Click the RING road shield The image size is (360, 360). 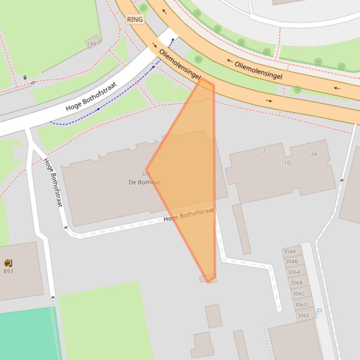135,19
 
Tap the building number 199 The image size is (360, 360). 91,44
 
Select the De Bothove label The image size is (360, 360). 144,182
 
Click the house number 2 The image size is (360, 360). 264,151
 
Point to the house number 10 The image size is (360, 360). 287,163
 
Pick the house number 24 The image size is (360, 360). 314,154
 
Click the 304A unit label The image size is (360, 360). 289,252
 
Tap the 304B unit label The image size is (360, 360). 291,262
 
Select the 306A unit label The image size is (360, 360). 294,272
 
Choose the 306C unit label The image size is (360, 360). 298,294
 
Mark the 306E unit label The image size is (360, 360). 303,316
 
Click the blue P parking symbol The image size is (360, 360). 319,311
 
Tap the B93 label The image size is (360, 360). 8,271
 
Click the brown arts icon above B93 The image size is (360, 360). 8,263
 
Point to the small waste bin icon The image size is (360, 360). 25,77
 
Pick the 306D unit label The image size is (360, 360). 301,305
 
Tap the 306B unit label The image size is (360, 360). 296,283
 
